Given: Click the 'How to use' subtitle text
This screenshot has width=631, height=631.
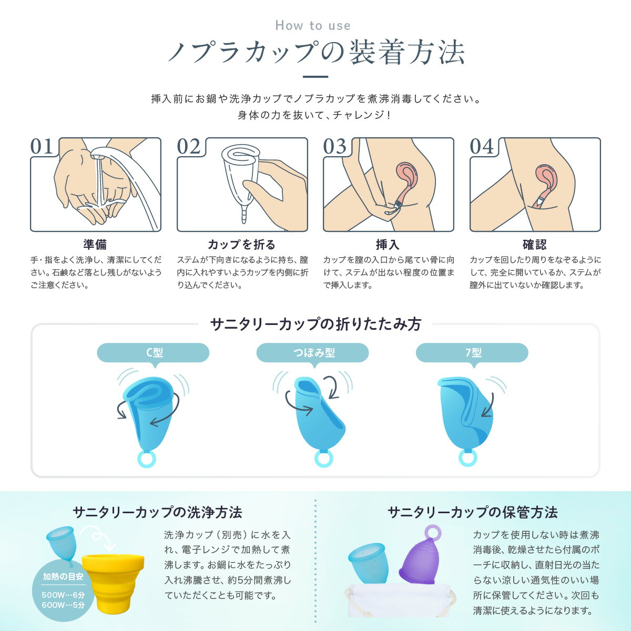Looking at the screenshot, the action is pyautogui.click(x=313, y=26).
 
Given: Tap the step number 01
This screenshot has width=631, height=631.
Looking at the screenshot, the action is pyautogui.click(x=42, y=146).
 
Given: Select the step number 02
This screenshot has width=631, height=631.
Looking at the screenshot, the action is pyautogui.click(x=189, y=146).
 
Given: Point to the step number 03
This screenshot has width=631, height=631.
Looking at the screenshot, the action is pyautogui.click(x=334, y=146).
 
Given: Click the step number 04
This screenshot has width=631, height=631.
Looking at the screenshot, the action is pyautogui.click(x=482, y=146).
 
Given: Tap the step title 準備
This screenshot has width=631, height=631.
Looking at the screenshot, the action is pyautogui.click(x=95, y=245).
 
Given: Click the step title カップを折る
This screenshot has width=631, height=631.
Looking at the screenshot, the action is pyautogui.click(x=242, y=245).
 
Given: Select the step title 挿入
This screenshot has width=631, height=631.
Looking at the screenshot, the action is pyautogui.click(x=388, y=245).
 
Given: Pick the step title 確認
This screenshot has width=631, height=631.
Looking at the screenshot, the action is pyautogui.click(x=535, y=245).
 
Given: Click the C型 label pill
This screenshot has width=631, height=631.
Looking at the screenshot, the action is pyautogui.click(x=153, y=353).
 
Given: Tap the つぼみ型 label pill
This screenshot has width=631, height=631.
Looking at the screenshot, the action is pyautogui.click(x=313, y=353).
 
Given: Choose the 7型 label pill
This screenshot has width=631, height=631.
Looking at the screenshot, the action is pyautogui.click(x=472, y=353).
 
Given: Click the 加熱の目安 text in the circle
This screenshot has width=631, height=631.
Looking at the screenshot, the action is pyautogui.click(x=63, y=577).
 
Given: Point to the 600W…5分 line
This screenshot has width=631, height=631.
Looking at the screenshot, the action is pyautogui.click(x=63, y=605).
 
